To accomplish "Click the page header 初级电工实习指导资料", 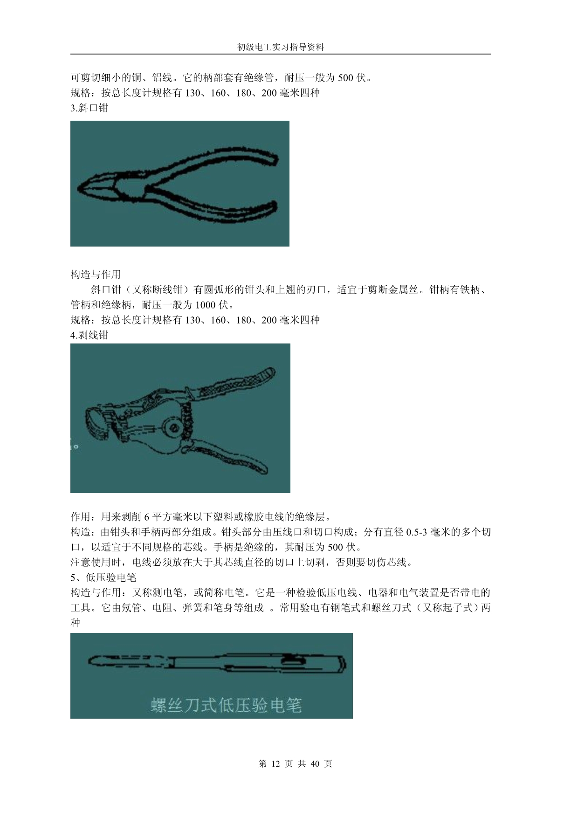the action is (281, 47).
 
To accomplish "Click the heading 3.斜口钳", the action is (89, 108).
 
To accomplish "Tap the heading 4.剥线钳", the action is (89, 335).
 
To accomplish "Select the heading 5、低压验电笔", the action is (103, 577).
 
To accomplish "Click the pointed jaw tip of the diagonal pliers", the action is (79, 187).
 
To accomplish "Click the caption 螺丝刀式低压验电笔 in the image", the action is (226, 704).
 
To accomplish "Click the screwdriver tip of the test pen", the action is (90, 661).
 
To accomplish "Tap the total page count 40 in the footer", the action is (315, 763).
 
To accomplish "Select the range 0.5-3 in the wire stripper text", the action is (417, 532).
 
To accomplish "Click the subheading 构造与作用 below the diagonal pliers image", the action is (96, 274).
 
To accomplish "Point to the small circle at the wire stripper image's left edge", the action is (76, 446).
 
